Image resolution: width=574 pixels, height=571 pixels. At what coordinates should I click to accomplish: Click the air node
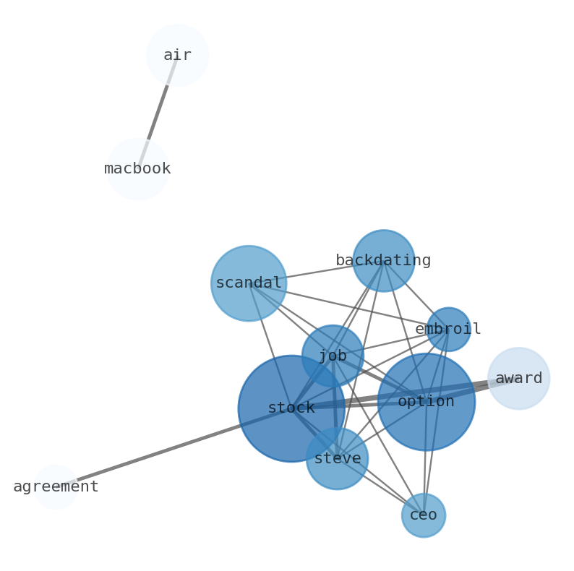tap(177, 55)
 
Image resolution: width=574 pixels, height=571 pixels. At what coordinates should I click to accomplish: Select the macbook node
tap(137, 168)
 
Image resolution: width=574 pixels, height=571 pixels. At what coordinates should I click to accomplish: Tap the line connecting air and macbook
tap(158, 111)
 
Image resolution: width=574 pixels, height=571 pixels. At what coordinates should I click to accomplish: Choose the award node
tap(518, 378)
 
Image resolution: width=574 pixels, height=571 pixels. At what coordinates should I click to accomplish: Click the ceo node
tap(424, 515)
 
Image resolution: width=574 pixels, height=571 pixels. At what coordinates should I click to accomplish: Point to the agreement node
tap(56, 486)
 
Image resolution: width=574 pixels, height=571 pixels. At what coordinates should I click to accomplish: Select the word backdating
tap(383, 261)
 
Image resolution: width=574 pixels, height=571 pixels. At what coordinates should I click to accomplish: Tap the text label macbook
tap(137, 169)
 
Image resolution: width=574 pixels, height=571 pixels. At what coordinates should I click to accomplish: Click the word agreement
tap(56, 487)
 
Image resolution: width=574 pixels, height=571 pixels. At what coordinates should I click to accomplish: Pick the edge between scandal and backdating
tap(318, 272)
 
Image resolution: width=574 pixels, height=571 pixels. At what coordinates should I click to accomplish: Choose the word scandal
tap(249, 283)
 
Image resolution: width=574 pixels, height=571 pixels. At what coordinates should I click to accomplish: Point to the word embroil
tap(448, 330)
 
